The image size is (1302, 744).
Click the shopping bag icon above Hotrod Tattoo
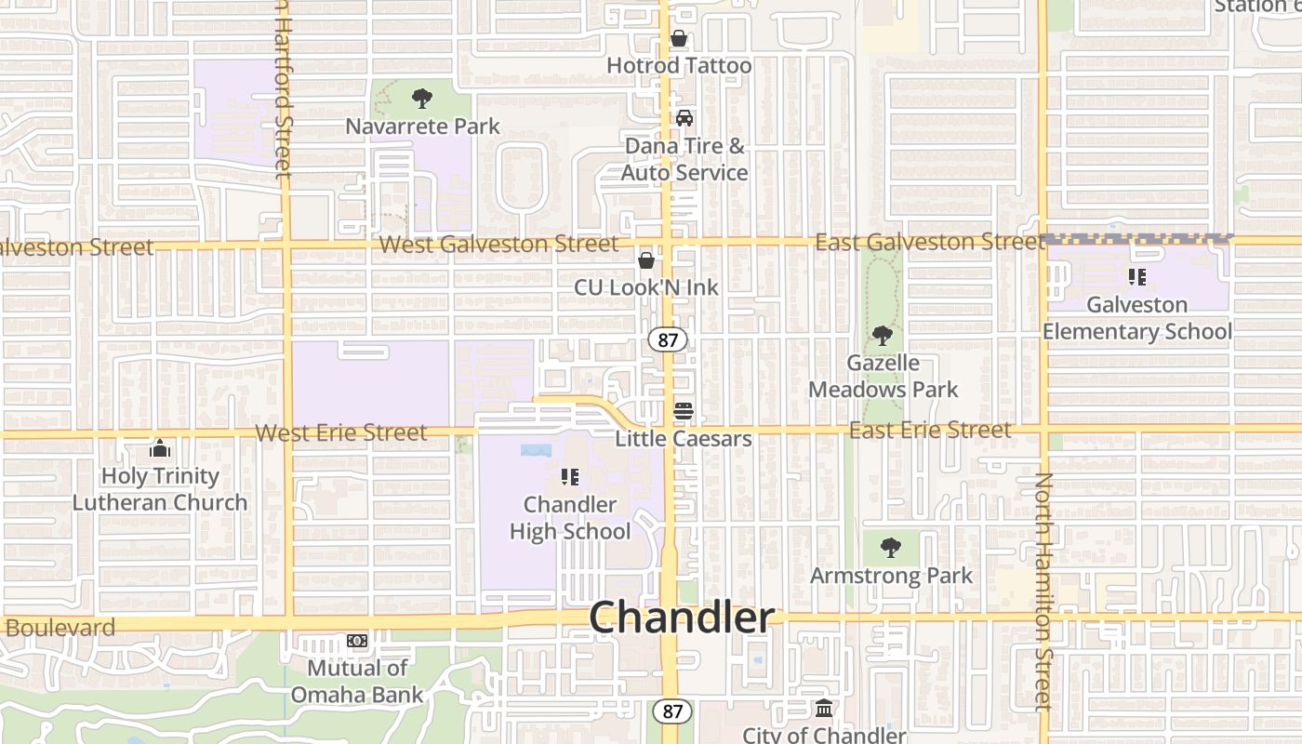[x=679, y=39]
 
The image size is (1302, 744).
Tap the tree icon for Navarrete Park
[x=422, y=98]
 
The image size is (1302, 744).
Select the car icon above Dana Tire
[x=684, y=118]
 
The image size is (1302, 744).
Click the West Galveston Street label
[x=499, y=245]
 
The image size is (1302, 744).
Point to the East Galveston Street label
[x=929, y=242]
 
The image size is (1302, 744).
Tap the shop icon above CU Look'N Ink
[x=646, y=260]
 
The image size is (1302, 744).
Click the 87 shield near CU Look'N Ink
[x=668, y=339]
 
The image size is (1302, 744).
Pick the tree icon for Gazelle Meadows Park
[x=883, y=336]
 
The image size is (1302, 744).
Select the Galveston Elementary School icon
[x=1136, y=276]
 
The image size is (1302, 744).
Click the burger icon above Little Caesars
[x=684, y=411]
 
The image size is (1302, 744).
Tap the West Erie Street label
[x=341, y=432]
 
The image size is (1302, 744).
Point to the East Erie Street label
[x=929, y=430]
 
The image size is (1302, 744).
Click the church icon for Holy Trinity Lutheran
[x=160, y=449]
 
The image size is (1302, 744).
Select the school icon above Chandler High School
[x=570, y=477]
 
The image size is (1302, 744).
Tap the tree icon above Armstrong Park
[x=891, y=548]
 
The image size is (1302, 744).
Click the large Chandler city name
[x=682, y=618]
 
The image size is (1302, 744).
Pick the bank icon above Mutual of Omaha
[x=357, y=641]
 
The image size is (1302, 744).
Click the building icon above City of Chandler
[x=824, y=709]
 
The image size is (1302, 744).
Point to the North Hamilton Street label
[x=1043, y=591]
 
